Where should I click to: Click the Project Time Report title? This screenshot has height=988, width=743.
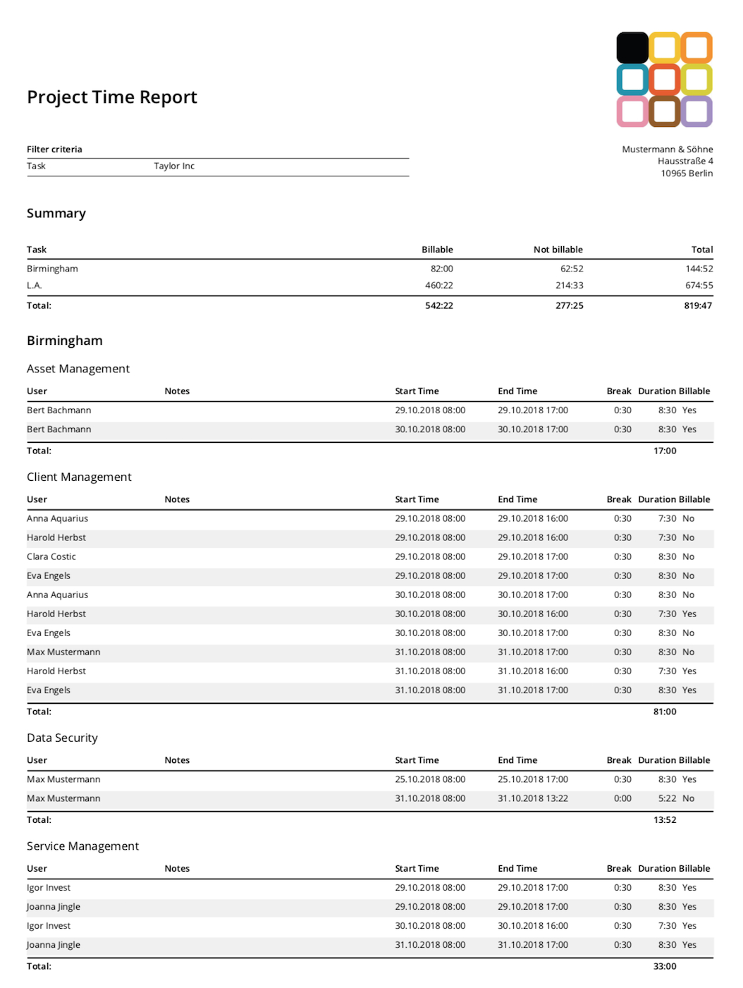112,97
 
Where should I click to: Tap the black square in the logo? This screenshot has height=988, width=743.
632,48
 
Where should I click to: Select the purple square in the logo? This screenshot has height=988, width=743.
696,111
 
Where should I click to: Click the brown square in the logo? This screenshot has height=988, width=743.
664,111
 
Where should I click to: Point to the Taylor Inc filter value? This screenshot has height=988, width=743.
174,166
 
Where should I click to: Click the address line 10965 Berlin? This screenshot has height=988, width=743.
687,173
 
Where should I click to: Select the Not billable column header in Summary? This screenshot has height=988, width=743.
558,250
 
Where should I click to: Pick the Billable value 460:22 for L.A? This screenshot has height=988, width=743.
438,286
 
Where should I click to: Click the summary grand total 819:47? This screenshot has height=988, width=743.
698,306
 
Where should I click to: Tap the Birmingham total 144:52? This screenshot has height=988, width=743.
699,269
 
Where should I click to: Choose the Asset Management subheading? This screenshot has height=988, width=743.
78,369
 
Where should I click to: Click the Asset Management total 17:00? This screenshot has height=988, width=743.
665,451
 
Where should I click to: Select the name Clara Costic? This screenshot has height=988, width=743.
51,557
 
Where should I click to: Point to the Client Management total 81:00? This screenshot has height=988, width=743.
665,712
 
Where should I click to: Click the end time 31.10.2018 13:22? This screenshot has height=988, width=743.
533,799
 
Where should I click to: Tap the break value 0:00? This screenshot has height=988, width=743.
622,799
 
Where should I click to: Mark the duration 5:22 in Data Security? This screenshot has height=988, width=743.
667,799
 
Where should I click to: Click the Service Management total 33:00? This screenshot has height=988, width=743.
665,967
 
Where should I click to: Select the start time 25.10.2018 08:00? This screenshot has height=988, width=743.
430,780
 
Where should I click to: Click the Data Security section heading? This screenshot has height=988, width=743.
62,738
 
